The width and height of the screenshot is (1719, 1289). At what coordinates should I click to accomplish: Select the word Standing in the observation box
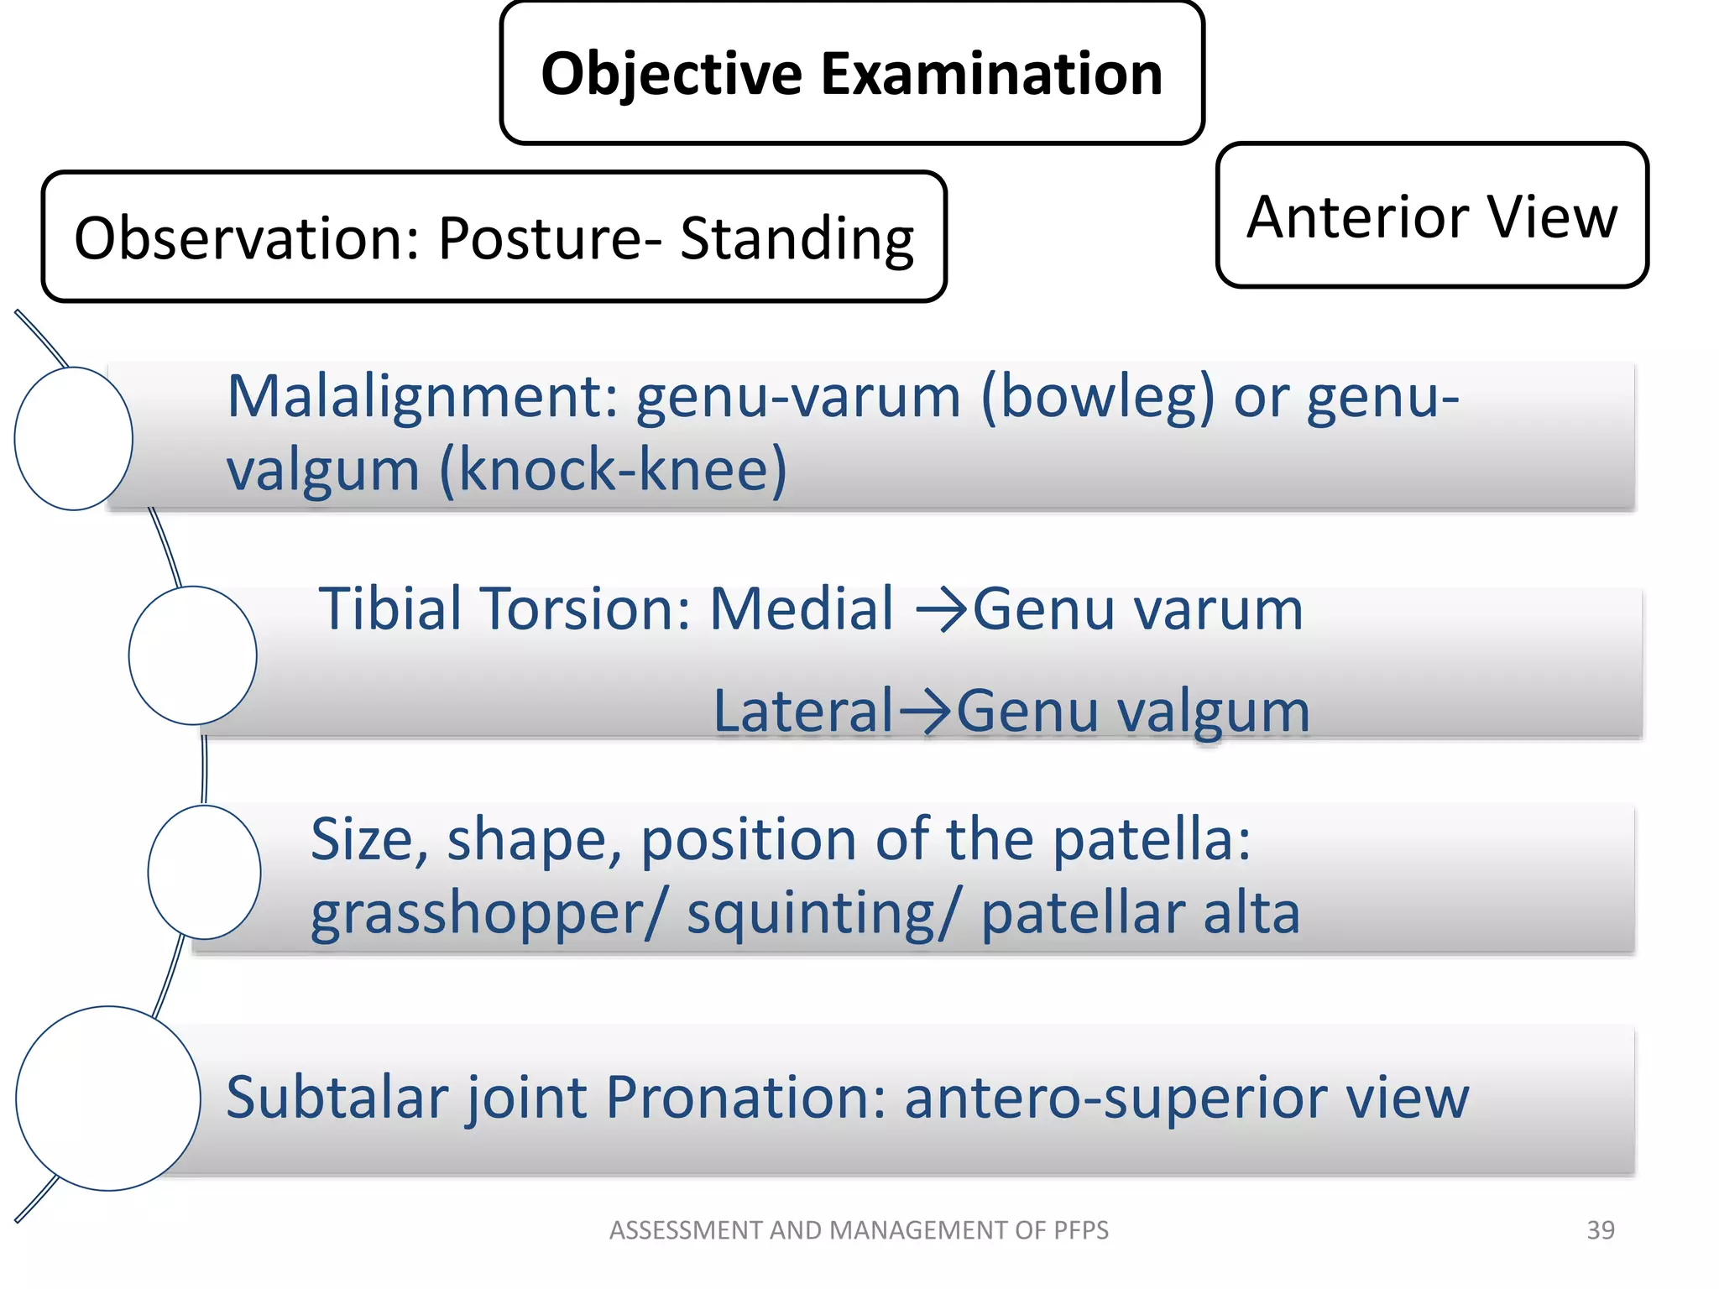[x=797, y=240]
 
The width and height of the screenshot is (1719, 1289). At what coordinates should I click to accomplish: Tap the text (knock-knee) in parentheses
[x=614, y=470]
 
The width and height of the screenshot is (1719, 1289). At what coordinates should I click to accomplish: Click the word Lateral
[x=803, y=712]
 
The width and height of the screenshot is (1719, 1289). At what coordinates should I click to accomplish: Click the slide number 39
[x=1600, y=1230]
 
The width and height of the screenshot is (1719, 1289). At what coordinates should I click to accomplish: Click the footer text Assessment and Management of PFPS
[x=859, y=1230]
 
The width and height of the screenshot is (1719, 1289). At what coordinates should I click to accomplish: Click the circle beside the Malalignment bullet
[x=74, y=438]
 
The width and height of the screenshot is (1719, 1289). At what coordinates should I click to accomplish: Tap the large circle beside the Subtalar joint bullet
[x=108, y=1098]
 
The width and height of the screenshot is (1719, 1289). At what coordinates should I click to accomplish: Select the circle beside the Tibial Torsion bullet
[x=193, y=655]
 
